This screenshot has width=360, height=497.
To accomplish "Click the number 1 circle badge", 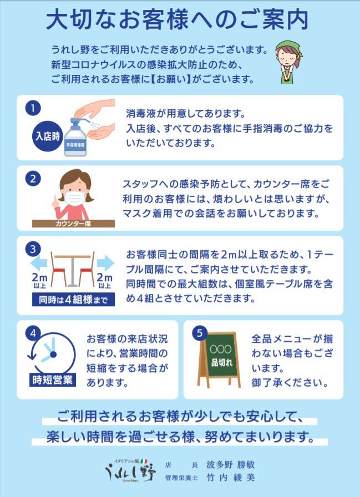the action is click(33, 109).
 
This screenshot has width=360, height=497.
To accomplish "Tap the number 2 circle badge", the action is click(33, 179).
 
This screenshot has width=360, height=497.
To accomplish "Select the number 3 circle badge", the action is click(33, 250).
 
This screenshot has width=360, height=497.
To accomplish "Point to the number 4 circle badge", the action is click(33, 334).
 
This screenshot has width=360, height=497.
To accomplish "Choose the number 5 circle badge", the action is click(200, 333).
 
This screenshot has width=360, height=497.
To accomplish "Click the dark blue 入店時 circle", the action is click(48, 136).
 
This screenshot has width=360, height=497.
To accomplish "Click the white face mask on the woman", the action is click(75, 199).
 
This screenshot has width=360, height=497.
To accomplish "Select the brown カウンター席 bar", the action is click(74, 224).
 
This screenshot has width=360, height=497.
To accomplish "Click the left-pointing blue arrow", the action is click(39, 263).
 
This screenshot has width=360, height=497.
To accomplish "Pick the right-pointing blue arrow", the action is click(105, 263).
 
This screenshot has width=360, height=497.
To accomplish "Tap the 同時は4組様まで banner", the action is click(73, 300).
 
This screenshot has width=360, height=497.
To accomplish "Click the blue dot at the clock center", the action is click(53, 354).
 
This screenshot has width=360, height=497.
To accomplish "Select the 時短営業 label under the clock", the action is click(53, 380).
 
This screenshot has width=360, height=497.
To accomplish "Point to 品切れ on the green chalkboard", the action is click(222, 363).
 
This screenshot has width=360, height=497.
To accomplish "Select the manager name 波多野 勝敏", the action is click(230, 465).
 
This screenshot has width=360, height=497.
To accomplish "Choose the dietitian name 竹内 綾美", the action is click(230, 478).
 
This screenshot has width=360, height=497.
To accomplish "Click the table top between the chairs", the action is click(73, 256).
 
